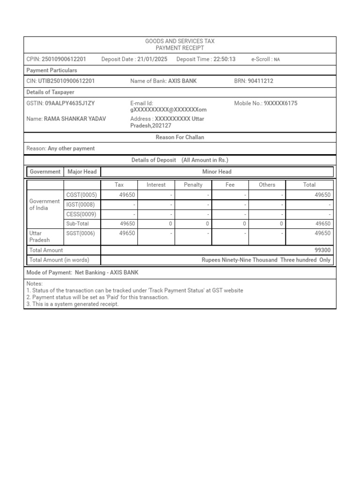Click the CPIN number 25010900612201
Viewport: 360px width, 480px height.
pyautogui.click(x=64, y=59)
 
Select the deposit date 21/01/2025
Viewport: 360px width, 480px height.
pyautogui.click(x=152, y=59)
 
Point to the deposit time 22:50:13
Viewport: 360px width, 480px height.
pyautogui.click(x=225, y=59)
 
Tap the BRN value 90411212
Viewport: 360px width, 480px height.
pyautogui.click(x=260, y=81)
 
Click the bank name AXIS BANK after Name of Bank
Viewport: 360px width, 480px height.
pyautogui.click(x=182, y=81)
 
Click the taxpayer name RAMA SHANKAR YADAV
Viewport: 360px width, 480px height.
pyautogui.click(x=75, y=119)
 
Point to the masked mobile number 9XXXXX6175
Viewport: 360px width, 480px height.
pyautogui.click(x=280, y=103)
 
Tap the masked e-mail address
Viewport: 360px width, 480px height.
pyautogui.click(x=168, y=110)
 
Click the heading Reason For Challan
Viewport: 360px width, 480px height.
pyautogui.click(x=180, y=137)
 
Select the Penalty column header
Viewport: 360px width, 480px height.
pyautogui.click(x=193, y=185)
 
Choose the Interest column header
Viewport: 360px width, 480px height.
pyautogui.click(x=156, y=185)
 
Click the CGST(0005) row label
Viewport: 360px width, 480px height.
pyautogui.click(x=82, y=195)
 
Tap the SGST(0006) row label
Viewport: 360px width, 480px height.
pyautogui.click(x=82, y=233)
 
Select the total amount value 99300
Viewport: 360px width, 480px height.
pyautogui.click(x=322, y=250)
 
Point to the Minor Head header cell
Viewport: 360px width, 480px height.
pyautogui.click(x=217, y=172)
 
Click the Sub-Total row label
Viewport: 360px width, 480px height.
pyautogui.click(x=77, y=224)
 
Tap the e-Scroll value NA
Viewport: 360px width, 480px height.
pyautogui.click(x=277, y=60)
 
